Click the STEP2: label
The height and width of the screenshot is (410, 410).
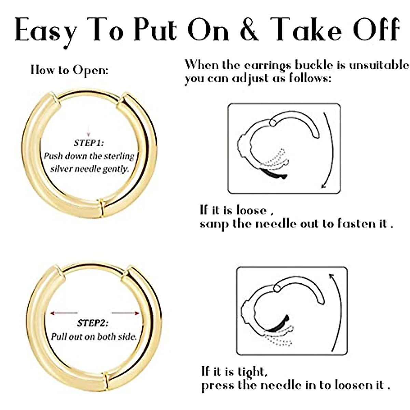click(x=93, y=323)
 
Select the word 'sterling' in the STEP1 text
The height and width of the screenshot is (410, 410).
click(x=120, y=156)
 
